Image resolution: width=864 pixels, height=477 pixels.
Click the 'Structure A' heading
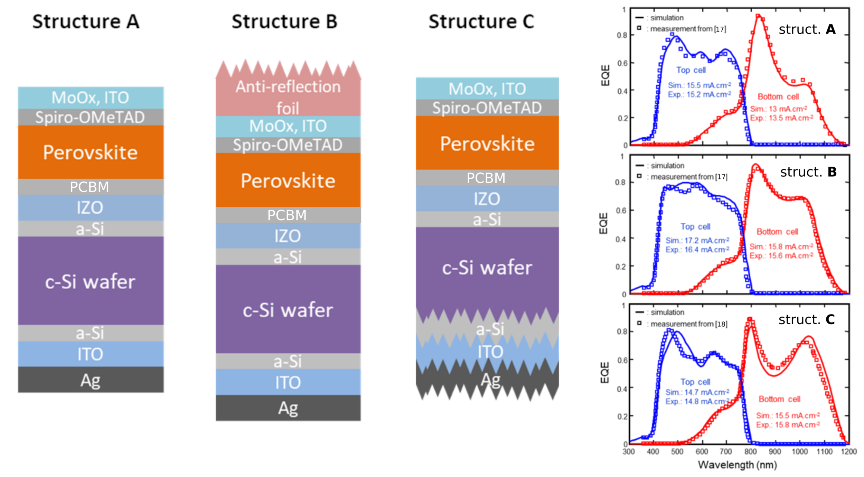[86, 21]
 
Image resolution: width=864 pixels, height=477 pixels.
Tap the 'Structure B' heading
[284, 21]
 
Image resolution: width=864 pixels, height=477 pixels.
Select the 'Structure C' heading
[481, 21]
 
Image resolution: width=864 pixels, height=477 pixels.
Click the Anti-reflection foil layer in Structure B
[288, 97]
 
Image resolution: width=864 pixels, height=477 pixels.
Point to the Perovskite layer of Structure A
[91, 152]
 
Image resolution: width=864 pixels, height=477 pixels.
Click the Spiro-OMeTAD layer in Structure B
[288, 145]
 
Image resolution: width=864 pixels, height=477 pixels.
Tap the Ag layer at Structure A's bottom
[91, 380]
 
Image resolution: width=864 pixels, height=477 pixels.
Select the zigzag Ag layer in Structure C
[490, 380]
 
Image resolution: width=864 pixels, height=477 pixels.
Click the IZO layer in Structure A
[90, 207]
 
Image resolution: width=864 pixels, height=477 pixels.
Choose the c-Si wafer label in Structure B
[288, 310]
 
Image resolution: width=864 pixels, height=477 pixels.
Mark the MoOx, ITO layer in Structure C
[487, 89]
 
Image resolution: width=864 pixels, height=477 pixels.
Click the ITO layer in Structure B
[288, 382]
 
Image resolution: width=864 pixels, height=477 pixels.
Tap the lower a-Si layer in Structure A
[90, 333]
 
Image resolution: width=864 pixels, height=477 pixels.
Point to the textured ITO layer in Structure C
[490, 352]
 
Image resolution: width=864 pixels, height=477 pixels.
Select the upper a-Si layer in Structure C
[487, 219]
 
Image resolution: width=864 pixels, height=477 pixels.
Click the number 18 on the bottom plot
[721, 324]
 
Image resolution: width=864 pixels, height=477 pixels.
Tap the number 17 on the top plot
[720, 29]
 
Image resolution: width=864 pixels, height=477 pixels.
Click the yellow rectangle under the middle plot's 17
[722, 188]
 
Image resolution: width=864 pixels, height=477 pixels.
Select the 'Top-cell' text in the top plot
[691, 70]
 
